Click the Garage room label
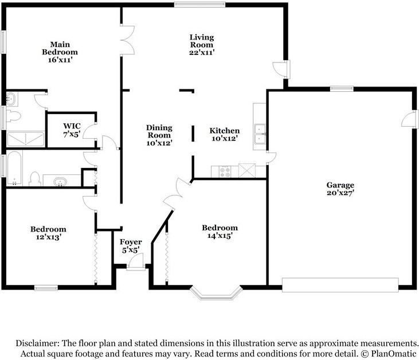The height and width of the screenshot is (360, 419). point(340,185)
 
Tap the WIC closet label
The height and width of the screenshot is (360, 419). point(72,126)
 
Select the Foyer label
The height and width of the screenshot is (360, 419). point(131,242)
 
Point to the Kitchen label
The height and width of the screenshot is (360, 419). point(225,131)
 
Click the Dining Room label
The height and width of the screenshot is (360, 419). point(159,131)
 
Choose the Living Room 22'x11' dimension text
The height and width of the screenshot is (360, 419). point(202,52)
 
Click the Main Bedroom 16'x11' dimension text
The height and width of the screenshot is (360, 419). point(60,60)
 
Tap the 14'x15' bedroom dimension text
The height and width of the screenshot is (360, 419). point(220,236)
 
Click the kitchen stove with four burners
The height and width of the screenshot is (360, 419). point(225,171)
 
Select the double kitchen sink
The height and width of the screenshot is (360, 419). point(260,134)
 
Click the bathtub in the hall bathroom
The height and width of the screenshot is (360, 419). point(14,168)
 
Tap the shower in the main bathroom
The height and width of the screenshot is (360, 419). point(26,139)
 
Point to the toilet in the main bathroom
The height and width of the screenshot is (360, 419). point(13,116)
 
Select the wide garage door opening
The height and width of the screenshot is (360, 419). point(340,285)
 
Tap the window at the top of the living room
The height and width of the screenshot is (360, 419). point(199,5)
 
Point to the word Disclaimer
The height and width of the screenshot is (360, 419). point(38,343)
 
